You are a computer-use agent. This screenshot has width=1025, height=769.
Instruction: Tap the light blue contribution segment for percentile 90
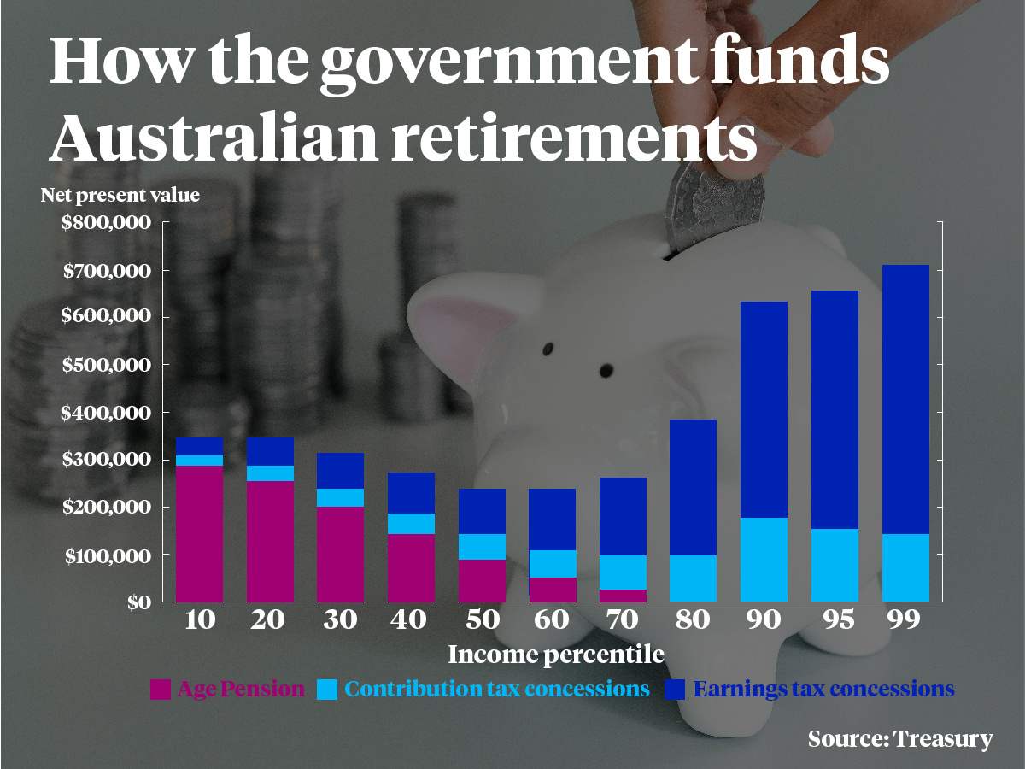pyautogui.click(x=764, y=560)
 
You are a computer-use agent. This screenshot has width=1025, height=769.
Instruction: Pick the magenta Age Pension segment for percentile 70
pyautogui.click(x=624, y=596)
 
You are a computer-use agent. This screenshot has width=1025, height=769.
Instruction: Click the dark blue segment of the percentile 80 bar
pyautogui.click(x=694, y=487)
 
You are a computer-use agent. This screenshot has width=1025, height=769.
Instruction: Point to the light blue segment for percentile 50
pyautogui.click(x=482, y=547)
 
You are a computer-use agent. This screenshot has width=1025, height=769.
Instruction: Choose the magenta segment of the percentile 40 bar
pyautogui.click(x=411, y=567)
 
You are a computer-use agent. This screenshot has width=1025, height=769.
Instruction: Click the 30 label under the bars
pyautogui.click(x=340, y=620)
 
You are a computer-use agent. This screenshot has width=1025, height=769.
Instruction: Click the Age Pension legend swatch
pyautogui.click(x=160, y=690)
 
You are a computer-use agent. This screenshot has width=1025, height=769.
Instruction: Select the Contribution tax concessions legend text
pyautogui.click(x=497, y=689)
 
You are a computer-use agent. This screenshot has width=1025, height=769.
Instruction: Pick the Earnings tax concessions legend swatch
pyautogui.click(x=674, y=690)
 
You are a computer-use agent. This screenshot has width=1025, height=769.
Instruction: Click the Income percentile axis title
pyautogui.click(x=556, y=655)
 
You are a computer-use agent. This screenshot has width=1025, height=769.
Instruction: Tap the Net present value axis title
pyautogui.click(x=120, y=196)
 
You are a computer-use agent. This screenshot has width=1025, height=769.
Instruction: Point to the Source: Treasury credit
pyautogui.click(x=900, y=738)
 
